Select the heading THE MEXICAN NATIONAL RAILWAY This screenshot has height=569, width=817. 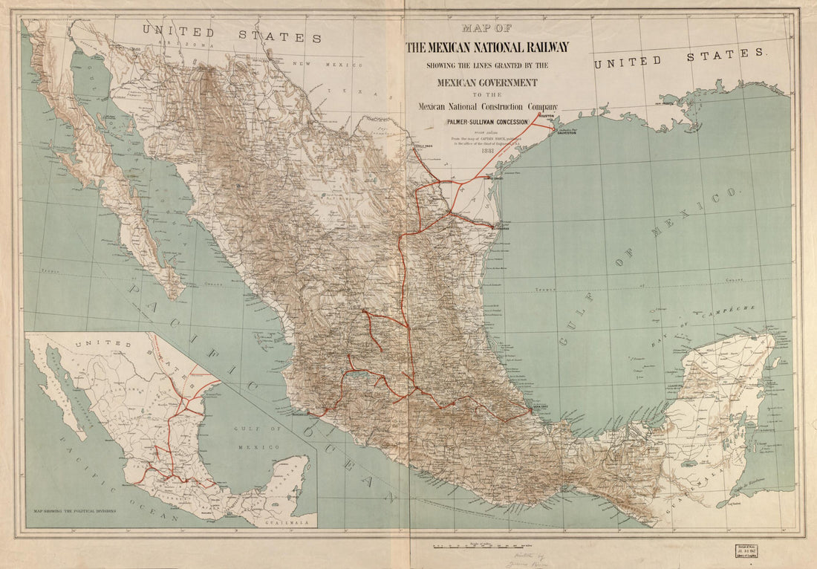coord(486,48)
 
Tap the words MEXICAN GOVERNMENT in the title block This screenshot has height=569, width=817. coord(486,82)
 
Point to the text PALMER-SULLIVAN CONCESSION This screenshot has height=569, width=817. coord(486,121)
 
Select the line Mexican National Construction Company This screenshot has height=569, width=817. coord(486,107)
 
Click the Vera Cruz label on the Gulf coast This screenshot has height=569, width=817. coord(541,406)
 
